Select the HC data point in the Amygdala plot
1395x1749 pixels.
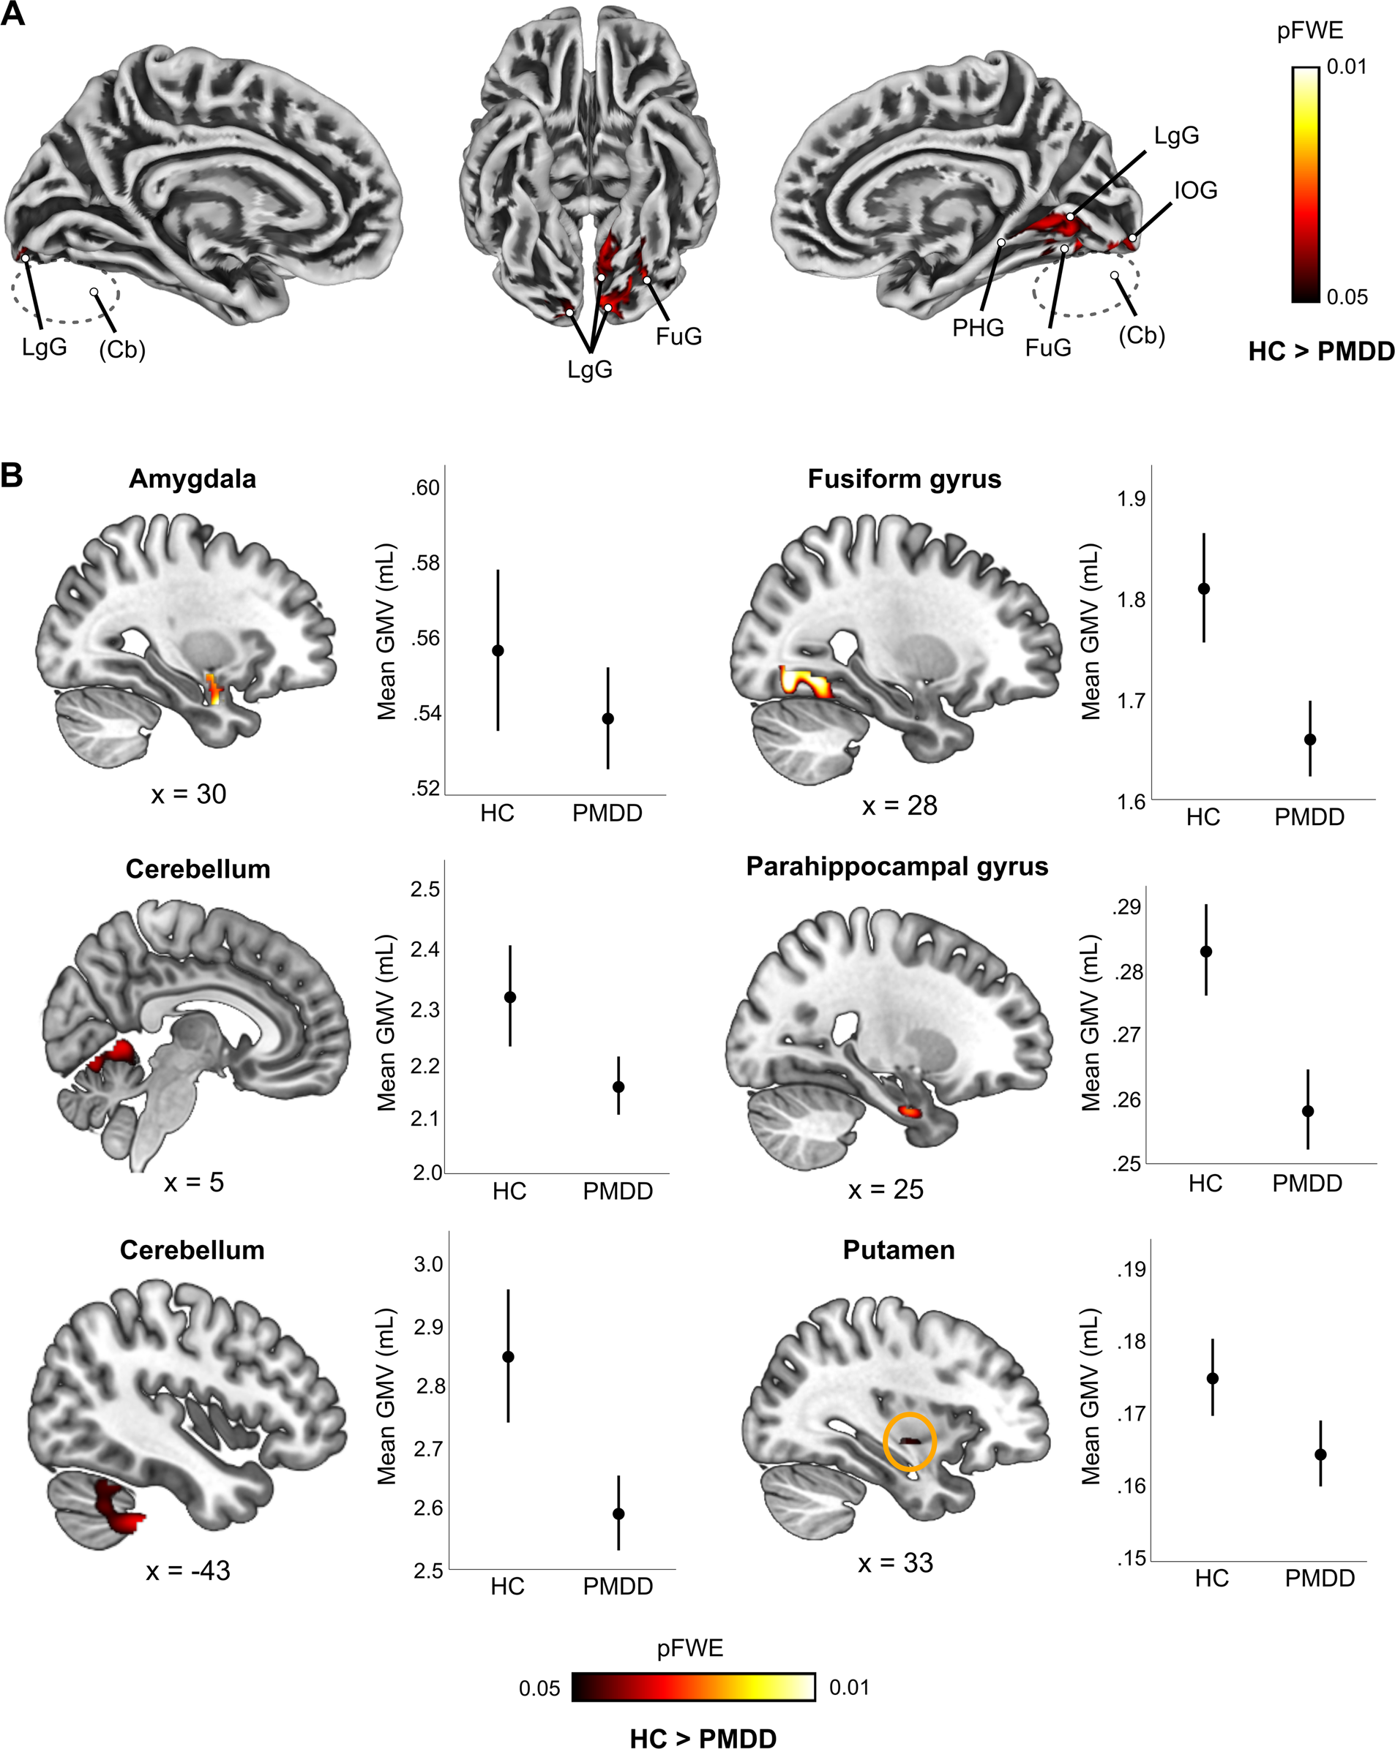click(498, 650)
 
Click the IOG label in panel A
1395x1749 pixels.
click(1195, 191)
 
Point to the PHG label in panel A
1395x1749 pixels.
click(978, 328)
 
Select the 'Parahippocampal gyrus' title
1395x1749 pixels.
click(897, 866)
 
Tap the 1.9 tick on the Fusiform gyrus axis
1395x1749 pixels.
click(1132, 499)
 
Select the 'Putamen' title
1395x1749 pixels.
click(898, 1250)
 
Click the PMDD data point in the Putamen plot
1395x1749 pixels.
click(1320, 1454)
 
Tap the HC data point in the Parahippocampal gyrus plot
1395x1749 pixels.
click(1207, 952)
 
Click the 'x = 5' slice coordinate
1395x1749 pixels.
click(193, 1183)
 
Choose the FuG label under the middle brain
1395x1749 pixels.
click(678, 336)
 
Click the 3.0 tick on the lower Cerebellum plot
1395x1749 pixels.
click(427, 1264)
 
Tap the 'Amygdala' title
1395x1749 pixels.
click(192, 478)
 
